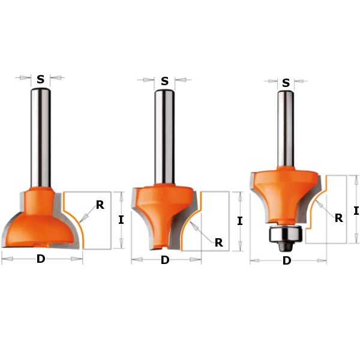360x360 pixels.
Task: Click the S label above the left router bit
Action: click(41, 79)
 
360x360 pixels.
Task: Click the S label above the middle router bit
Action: click(164, 81)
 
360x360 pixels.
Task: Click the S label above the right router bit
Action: click(286, 83)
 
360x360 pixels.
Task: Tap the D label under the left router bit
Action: click(41, 259)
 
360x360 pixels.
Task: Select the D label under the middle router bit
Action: click(165, 260)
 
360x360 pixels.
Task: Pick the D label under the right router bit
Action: click(287, 261)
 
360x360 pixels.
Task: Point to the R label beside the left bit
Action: click(100, 205)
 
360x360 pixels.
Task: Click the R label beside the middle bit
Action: click(219, 242)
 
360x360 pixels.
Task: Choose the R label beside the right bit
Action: click(339, 218)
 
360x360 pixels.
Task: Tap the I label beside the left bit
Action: click(121, 220)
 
